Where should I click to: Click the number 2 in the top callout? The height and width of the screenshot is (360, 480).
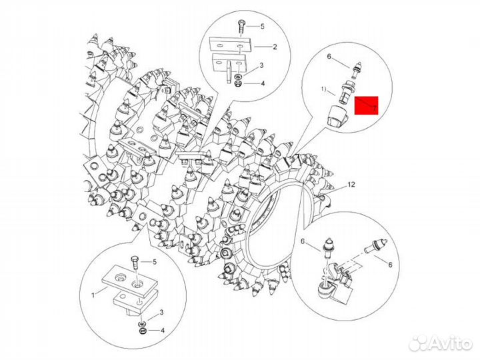tap(273, 47)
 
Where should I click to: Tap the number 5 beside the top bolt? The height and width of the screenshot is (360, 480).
tap(262, 26)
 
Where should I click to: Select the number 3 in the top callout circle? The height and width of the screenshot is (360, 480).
tap(261, 65)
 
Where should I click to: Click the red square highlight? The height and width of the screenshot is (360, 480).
tap(366, 105)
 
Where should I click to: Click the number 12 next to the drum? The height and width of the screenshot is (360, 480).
tap(351, 184)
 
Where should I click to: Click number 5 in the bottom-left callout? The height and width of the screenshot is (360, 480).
tap(155, 261)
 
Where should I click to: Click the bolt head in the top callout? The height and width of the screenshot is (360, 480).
tap(240, 25)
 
